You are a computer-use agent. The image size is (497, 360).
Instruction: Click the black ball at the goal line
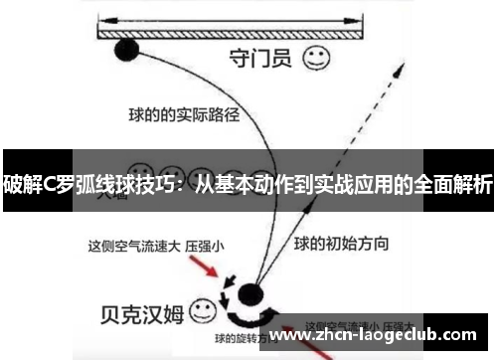click(127, 48)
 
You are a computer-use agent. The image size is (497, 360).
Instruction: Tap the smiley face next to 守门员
click(317, 58)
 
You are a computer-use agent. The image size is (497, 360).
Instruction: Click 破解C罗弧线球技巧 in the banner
click(86, 184)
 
